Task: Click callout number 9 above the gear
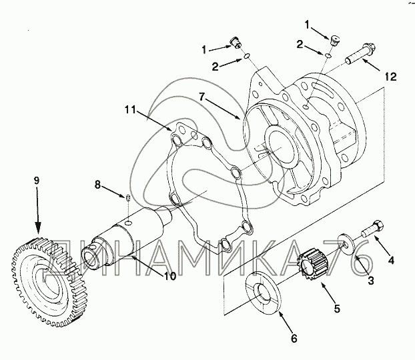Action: (x=37, y=180)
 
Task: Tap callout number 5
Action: (x=337, y=309)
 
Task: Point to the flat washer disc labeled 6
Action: (x=264, y=291)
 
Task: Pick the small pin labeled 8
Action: (x=125, y=197)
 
